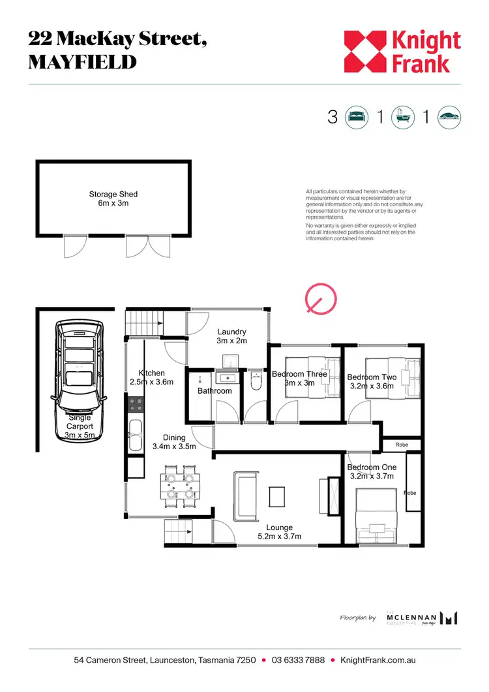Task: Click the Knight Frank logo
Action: [402, 52]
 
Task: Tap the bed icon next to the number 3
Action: [355, 117]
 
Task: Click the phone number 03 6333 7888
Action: [297, 661]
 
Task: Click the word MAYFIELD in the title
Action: [82, 62]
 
